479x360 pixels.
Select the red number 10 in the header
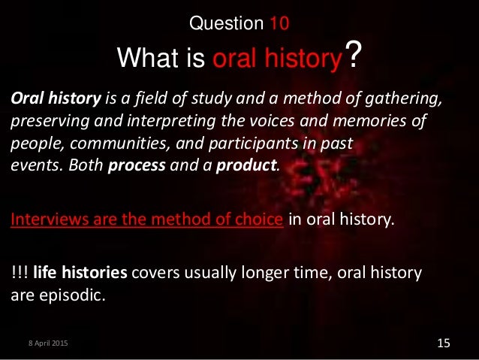coord(279,23)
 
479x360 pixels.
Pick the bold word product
coord(249,164)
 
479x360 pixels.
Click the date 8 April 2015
coord(44,343)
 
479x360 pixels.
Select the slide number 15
coord(442,343)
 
